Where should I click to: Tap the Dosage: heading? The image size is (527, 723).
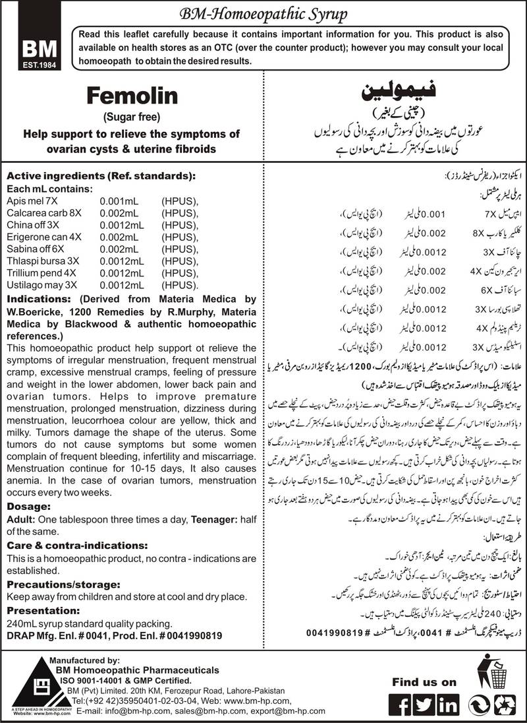pos(28,506)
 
